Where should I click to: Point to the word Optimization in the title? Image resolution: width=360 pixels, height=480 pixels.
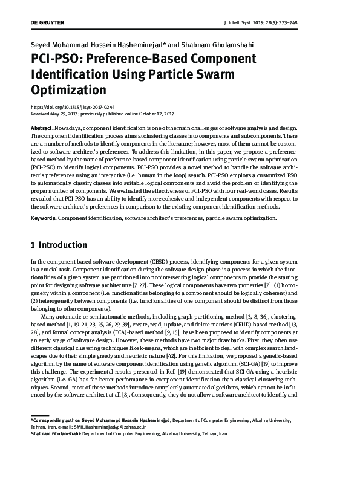68,91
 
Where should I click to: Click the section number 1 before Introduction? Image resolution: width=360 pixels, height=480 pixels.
33,245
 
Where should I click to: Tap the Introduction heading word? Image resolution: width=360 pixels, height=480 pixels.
63,245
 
